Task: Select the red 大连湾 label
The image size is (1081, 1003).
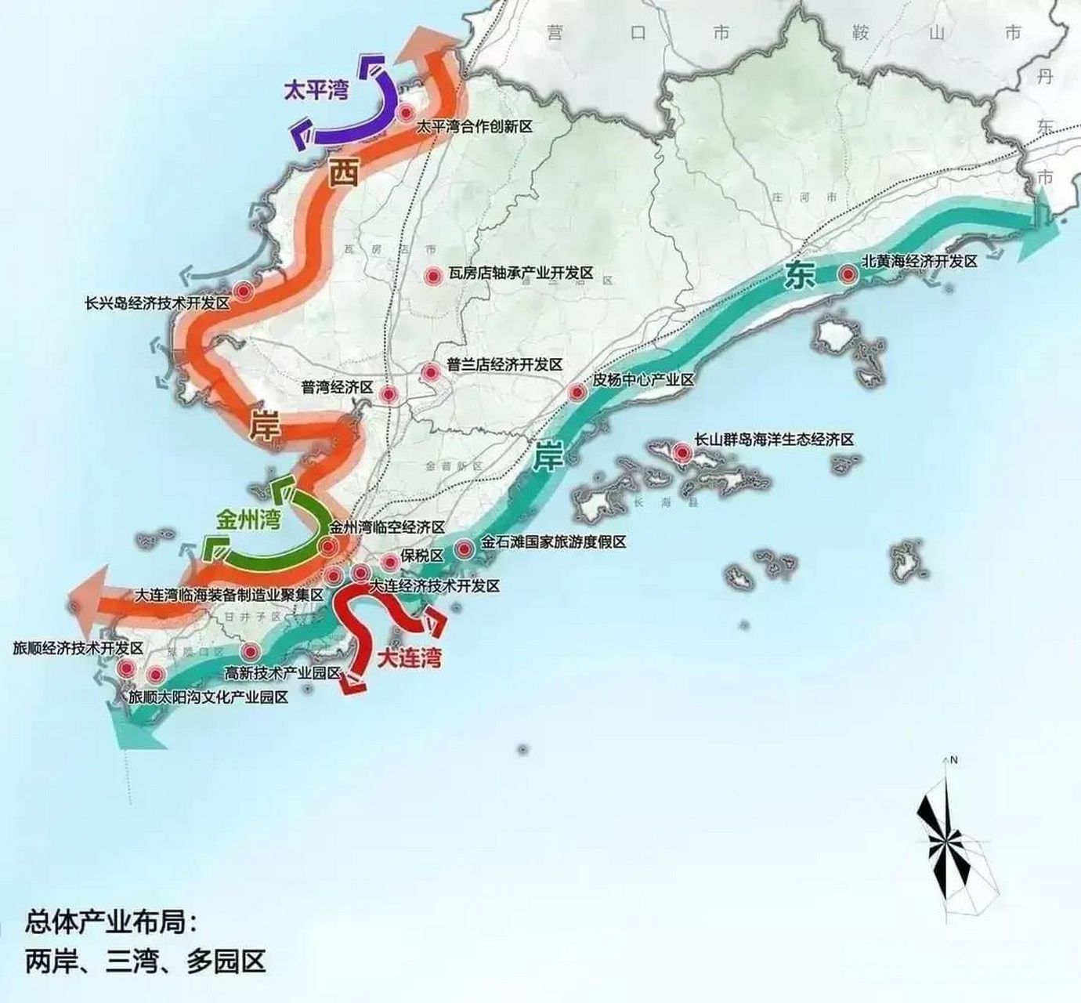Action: (409, 657)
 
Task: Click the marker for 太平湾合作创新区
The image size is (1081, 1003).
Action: (406, 113)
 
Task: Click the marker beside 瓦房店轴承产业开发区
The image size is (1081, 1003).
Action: (432, 276)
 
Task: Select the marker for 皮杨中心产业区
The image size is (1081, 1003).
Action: (577, 393)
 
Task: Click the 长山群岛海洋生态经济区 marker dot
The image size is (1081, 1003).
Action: (681, 452)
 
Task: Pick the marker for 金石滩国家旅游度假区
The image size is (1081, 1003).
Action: (465, 549)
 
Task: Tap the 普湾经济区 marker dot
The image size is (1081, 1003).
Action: (389, 394)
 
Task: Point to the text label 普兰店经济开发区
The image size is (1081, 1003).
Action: (504, 365)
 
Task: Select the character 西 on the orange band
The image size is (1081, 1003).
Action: (342, 172)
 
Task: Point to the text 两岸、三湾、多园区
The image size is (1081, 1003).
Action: (145, 961)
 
